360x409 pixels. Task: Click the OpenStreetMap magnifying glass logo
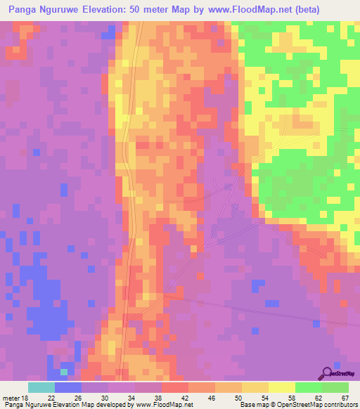[x=327, y=373]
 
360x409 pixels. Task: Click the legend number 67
[x=344, y=397]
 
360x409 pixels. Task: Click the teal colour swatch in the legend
[x=41, y=387]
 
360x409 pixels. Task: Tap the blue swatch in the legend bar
[x=68, y=387]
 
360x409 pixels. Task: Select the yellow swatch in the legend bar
[x=282, y=387]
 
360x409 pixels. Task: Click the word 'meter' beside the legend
[x=11, y=397]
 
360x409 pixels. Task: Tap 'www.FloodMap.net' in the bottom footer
[x=163, y=405]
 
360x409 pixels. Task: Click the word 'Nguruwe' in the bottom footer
[x=39, y=405]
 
